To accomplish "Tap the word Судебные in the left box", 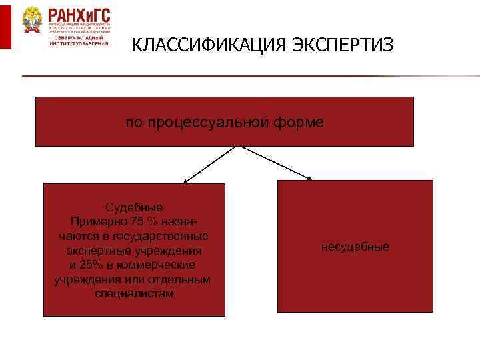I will coord(133,207).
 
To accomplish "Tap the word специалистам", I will coord(134,294).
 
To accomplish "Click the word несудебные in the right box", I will coord(355,247).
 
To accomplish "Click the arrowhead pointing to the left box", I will coord(186,180).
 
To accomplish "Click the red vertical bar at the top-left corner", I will coord(5,25).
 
